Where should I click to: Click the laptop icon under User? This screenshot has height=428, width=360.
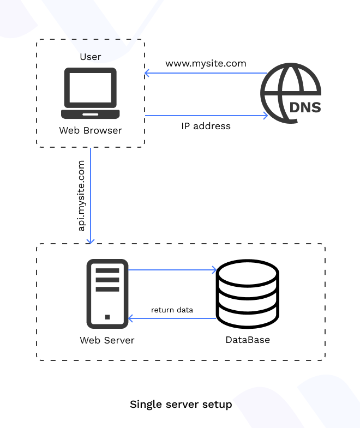click(x=90, y=93)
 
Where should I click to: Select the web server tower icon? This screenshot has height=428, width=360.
click(x=107, y=293)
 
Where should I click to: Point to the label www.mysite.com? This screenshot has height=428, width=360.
click(x=206, y=64)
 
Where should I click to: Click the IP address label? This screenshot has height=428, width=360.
click(x=206, y=126)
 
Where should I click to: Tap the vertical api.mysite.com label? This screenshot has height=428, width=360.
click(x=82, y=195)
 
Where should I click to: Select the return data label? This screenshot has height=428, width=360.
click(x=172, y=310)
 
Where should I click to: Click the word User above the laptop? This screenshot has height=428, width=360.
click(x=91, y=57)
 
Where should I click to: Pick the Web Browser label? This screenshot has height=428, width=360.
click(x=91, y=130)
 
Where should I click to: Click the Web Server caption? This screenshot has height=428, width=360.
click(x=107, y=340)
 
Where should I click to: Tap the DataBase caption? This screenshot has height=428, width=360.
click(x=248, y=340)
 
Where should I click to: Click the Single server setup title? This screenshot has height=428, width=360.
click(x=181, y=405)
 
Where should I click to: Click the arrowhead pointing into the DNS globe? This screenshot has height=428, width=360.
click(x=265, y=116)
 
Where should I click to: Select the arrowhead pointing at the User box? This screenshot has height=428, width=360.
click(x=147, y=73)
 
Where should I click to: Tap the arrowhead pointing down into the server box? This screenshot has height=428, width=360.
click(x=91, y=240)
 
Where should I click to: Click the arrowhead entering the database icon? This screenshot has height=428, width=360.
click(x=214, y=269)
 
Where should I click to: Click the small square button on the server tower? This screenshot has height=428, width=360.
click(x=107, y=317)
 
